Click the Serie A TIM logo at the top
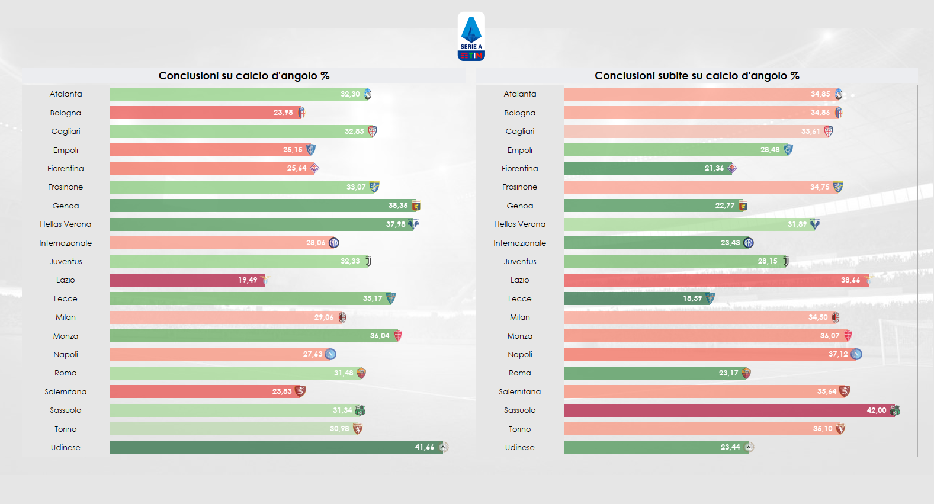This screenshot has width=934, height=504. tap(471, 37)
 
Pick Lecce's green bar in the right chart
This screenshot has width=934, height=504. tap(622, 298)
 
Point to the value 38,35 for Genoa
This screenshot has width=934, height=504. tap(398, 206)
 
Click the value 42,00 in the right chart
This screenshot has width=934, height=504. tap(877, 410)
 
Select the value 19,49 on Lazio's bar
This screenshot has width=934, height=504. tap(248, 280)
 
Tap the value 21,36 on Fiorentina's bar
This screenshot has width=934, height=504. tap(714, 168)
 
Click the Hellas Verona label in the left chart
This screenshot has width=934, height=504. tap(66, 224)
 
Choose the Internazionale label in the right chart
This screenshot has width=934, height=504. tap(520, 243)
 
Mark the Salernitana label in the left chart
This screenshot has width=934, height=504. tap(66, 391)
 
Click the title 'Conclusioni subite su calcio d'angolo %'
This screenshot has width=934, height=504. tap(697, 76)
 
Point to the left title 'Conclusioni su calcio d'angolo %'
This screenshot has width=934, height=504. tap(244, 76)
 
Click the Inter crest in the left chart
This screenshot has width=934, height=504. tap(334, 243)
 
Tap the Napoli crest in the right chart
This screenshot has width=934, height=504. tap(856, 354)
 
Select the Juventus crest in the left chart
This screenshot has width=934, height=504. tap(368, 261)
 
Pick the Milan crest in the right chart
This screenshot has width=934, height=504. tap(836, 317)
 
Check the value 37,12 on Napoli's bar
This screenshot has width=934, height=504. tap(838, 354)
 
